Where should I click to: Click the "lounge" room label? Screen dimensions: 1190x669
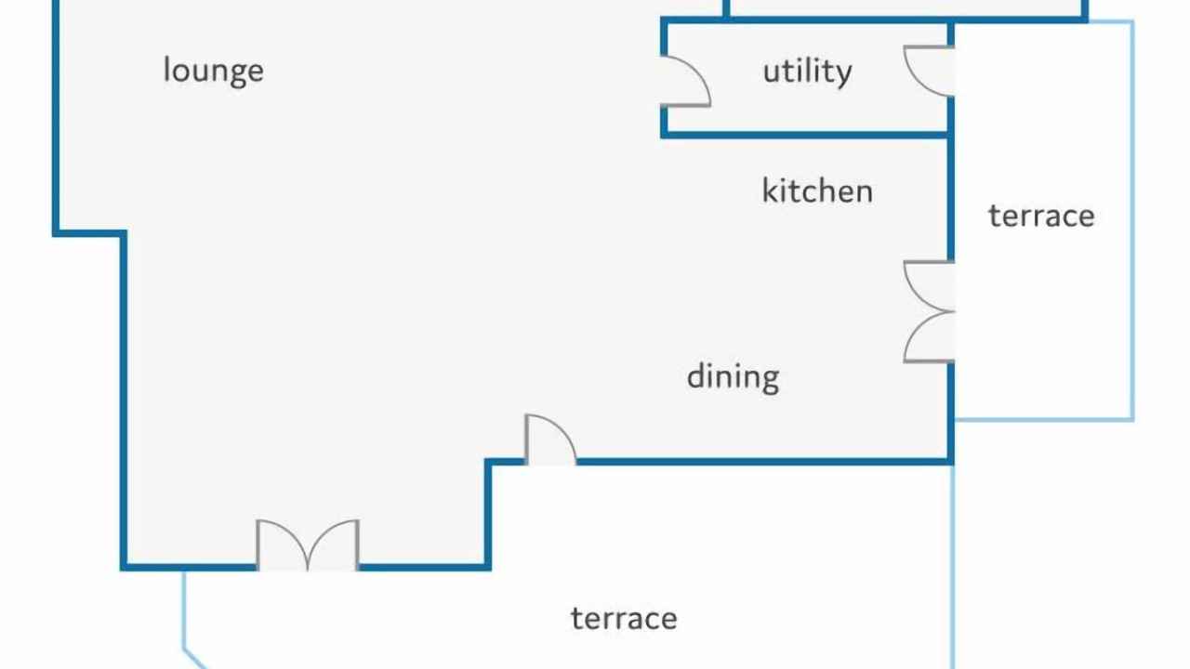213,72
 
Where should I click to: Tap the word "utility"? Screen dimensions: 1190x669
808,72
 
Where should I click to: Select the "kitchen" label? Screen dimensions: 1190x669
817,191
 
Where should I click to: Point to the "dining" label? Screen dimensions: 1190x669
734,378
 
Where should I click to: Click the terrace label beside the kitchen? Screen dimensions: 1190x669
1041,216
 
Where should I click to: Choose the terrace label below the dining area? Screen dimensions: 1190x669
624,619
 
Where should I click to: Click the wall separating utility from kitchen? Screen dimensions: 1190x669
805,136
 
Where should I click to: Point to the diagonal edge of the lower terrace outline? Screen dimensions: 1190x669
194,659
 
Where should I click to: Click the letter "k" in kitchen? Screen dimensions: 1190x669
770,190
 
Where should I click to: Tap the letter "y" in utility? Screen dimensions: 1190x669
843,77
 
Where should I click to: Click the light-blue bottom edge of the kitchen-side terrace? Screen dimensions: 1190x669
1044,420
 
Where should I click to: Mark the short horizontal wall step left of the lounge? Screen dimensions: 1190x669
89,233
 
